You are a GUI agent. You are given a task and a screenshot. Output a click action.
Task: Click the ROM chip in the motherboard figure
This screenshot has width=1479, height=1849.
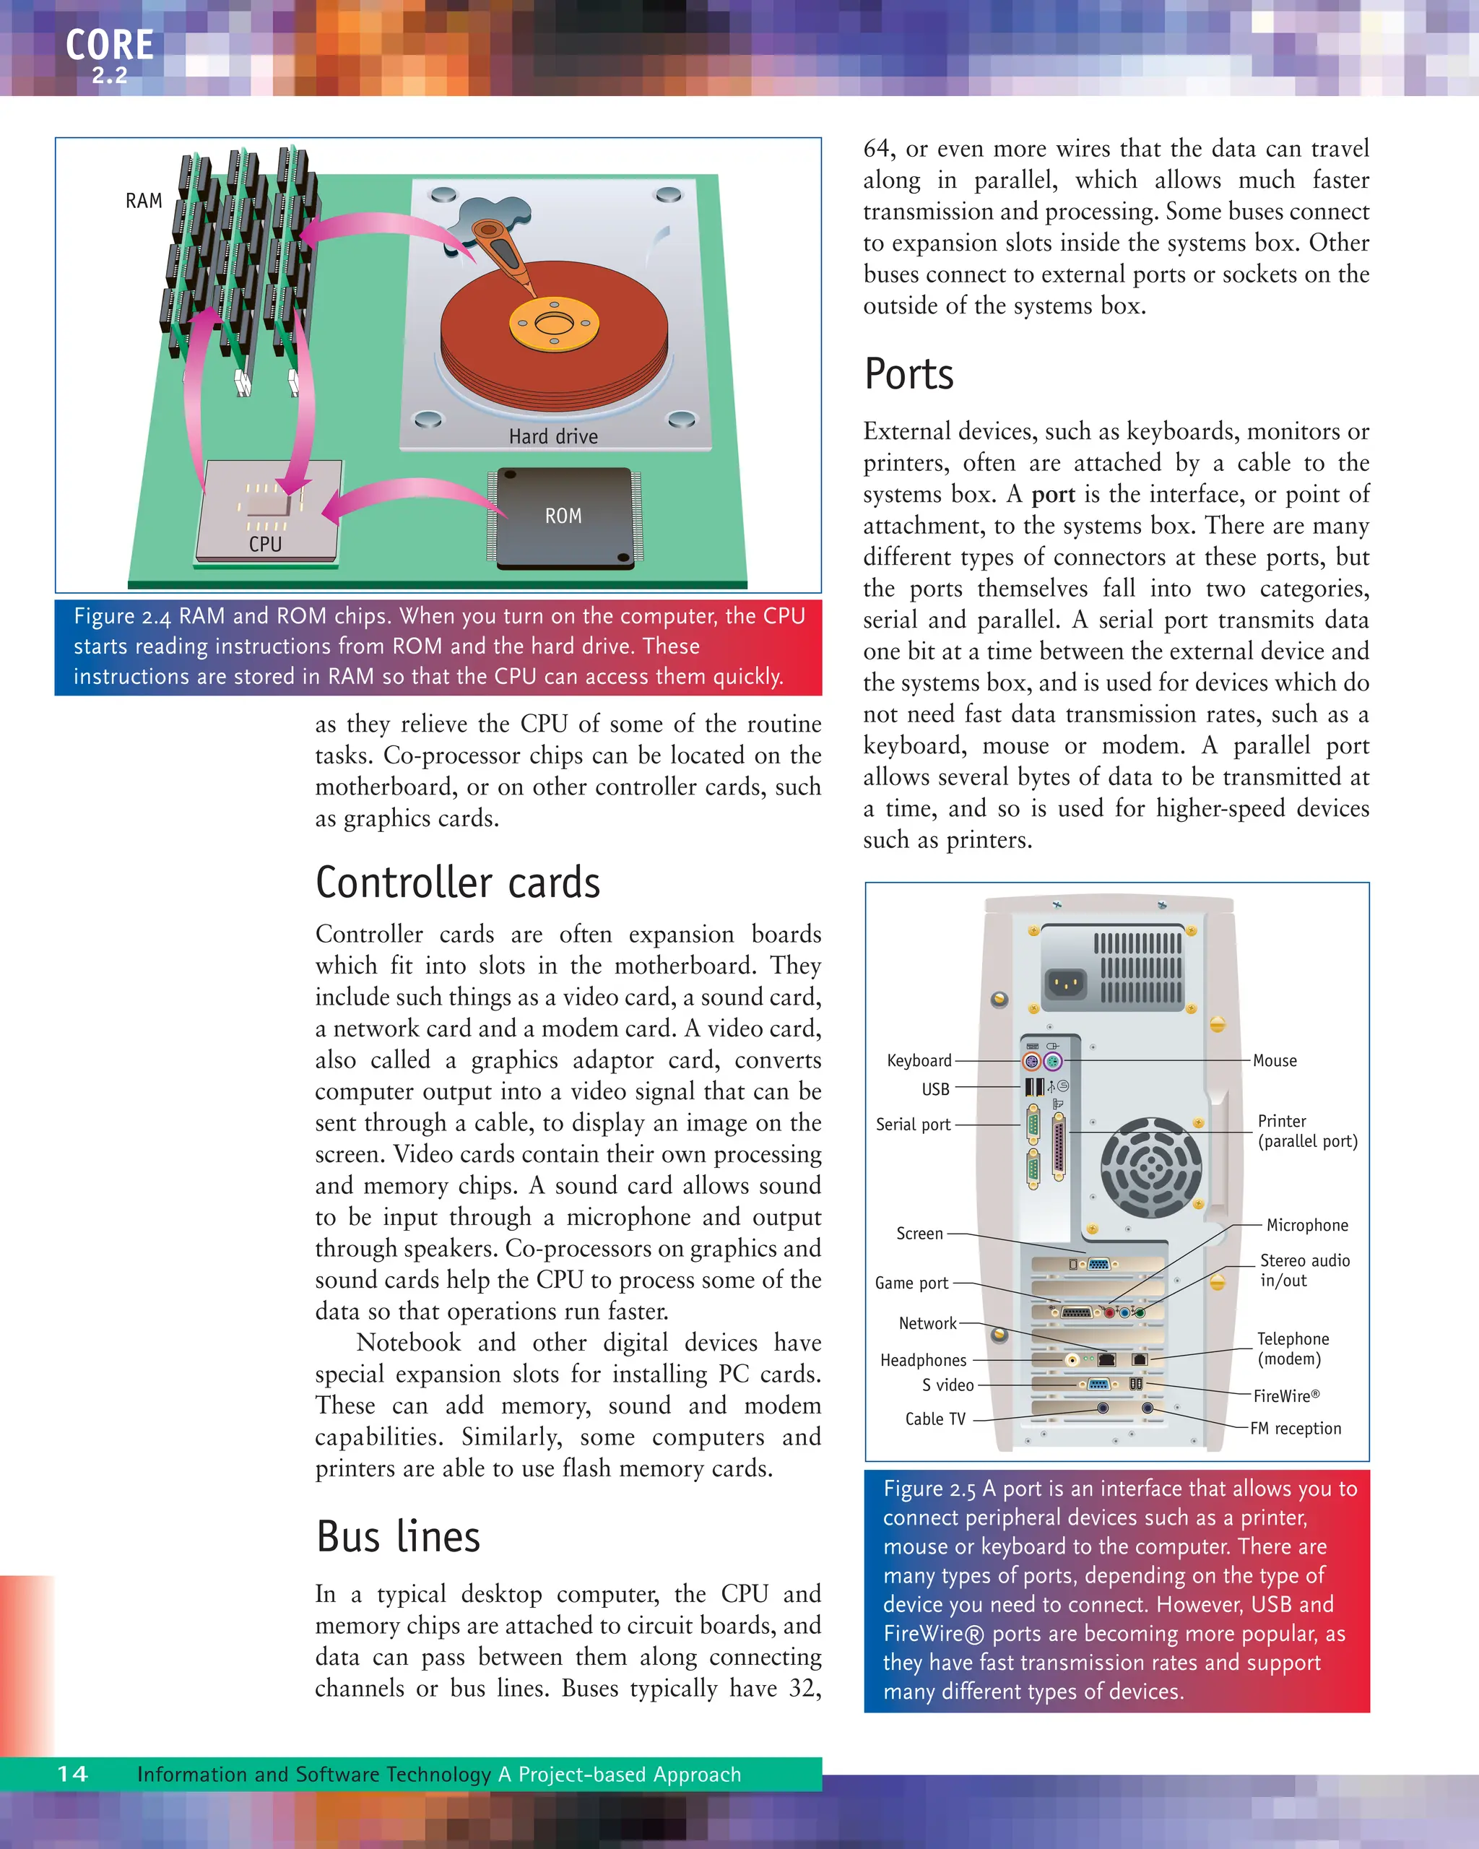tap(563, 517)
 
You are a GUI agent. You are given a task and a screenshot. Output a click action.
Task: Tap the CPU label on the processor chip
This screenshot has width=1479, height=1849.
tap(265, 544)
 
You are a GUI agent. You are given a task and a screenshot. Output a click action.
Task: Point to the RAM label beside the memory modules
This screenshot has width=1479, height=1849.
tap(143, 201)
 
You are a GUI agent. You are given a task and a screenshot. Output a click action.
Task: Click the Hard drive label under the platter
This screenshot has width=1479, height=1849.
tap(553, 436)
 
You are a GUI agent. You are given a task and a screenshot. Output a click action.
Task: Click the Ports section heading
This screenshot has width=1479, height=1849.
tap(908, 375)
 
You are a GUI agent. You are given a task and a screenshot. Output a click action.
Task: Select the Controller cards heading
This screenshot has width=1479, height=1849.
tap(458, 883)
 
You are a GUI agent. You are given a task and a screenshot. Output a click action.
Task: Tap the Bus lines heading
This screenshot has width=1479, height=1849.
tap(398, 1537)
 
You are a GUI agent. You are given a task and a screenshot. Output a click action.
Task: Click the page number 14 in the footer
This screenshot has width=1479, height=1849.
tap(73, 1775)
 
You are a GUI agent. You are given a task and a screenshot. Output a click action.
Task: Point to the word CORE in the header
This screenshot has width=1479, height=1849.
tap(110, 45)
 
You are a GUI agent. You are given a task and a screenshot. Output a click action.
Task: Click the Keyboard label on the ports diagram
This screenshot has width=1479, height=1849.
tap(919, 1061)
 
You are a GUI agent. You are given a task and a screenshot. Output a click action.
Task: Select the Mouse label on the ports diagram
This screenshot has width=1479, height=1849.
tap(1274, 1061)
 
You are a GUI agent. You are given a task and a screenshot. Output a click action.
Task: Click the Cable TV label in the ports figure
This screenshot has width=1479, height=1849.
tap(934, 1419)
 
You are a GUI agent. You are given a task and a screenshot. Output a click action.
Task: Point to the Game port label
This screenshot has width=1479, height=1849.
tap(911, 1283)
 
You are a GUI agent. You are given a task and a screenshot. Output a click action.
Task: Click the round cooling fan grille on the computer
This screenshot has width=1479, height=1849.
tap(1150, 1168)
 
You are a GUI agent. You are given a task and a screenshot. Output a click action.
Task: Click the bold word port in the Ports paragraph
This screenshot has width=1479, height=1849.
tap(1053, 495)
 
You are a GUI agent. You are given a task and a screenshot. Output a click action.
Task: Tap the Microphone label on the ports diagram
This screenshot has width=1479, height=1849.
tap(1306, 1226)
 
